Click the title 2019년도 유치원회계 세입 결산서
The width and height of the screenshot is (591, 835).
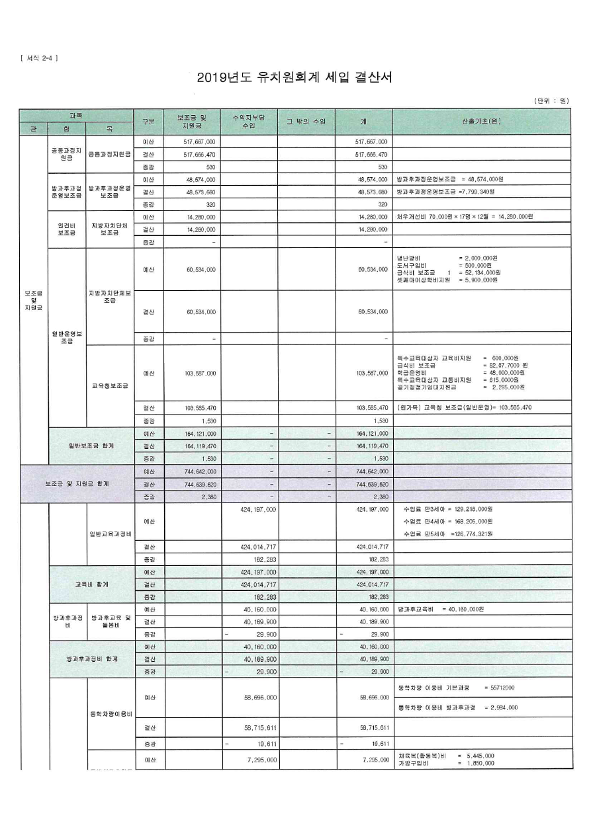[x=295, y=77]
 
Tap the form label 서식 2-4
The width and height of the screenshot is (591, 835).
[x=39, y=58]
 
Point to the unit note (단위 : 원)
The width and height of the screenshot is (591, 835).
[x=551, y=100]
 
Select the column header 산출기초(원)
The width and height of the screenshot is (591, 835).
[x=481, y=122]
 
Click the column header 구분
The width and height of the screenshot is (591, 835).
[x=149, y=122]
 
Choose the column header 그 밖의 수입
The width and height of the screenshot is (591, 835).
[x=306, y=122]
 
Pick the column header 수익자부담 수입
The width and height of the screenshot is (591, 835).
[x=249, y=122]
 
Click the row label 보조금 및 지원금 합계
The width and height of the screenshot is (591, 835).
[x=77, y=484]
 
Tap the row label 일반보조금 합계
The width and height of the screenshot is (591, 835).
[x=91, y=446]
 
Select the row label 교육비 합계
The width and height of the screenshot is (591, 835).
[x=91, y=584]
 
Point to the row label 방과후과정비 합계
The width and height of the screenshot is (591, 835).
[x=91, y=659]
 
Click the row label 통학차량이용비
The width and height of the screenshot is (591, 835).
[x=111, y=714]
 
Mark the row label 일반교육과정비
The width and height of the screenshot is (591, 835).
[x=111, y=534]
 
